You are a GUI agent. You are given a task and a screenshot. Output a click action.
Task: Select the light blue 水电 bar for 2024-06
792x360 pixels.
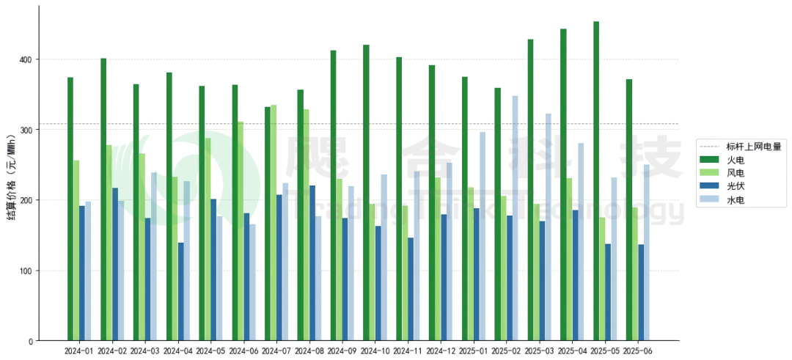coord(252,282)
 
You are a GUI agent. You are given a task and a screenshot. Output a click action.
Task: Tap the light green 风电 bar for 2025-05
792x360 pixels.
coord(602,279)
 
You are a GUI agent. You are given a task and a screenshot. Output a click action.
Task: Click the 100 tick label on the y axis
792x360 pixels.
coord(28,271)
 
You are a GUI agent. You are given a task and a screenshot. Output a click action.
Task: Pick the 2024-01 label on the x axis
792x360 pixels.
coord(79,350)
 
